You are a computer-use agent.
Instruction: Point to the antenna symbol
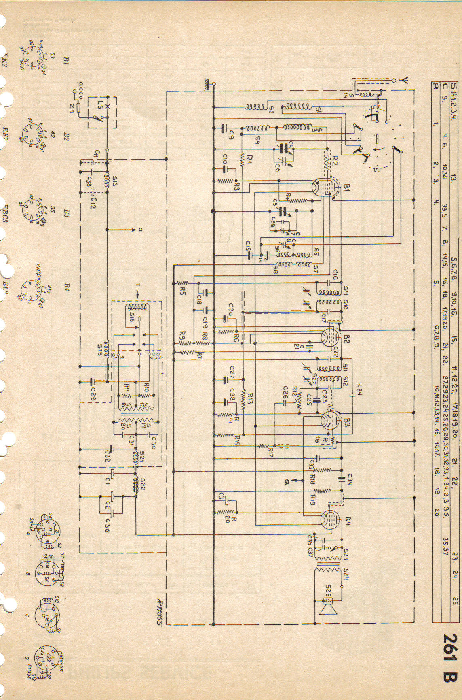tap(402, 81)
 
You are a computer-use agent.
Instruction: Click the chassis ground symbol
tap(210, 84)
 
